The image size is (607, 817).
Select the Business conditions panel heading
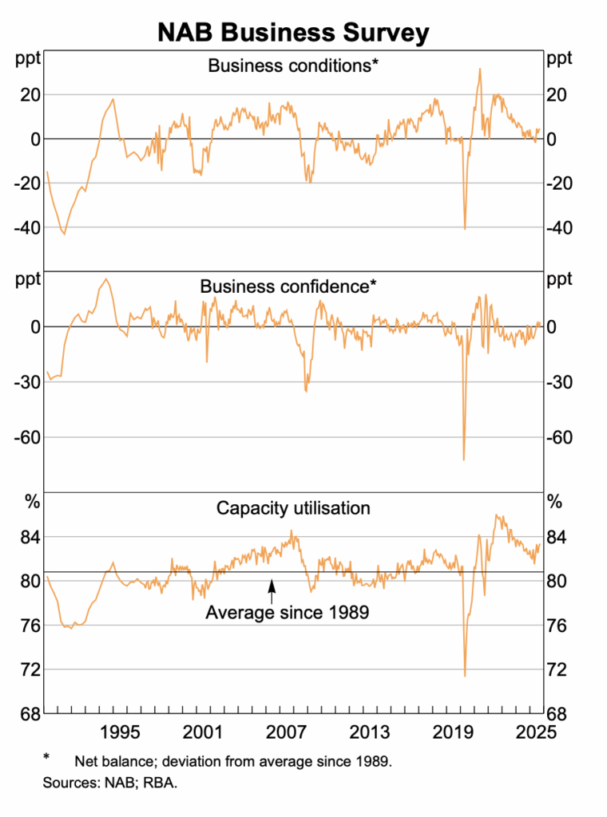pyautogui.click(x=292, y=65)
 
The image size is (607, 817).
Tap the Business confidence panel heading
pyautogui.click(x=288, y=286)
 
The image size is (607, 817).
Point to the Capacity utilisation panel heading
pyautogui.click(x=293, y=507)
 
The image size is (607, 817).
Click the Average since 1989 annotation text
pyautogui.click(x=288, y=613)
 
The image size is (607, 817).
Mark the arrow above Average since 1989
pyautogui.click(x=272, y=590)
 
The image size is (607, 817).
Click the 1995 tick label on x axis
pyautogui.click(x=120, y=732)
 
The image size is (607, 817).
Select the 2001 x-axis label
pyautogui.click(x=203, y=732)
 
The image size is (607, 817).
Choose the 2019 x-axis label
pyautogui.click(x=452, y=732)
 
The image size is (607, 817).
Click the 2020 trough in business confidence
pyautogui.click(x=464, y=459)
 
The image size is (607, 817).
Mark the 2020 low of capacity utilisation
pyautogui.click(x=465, y=675)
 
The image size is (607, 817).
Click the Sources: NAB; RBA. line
pyautogui.click(x=109, y=783)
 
